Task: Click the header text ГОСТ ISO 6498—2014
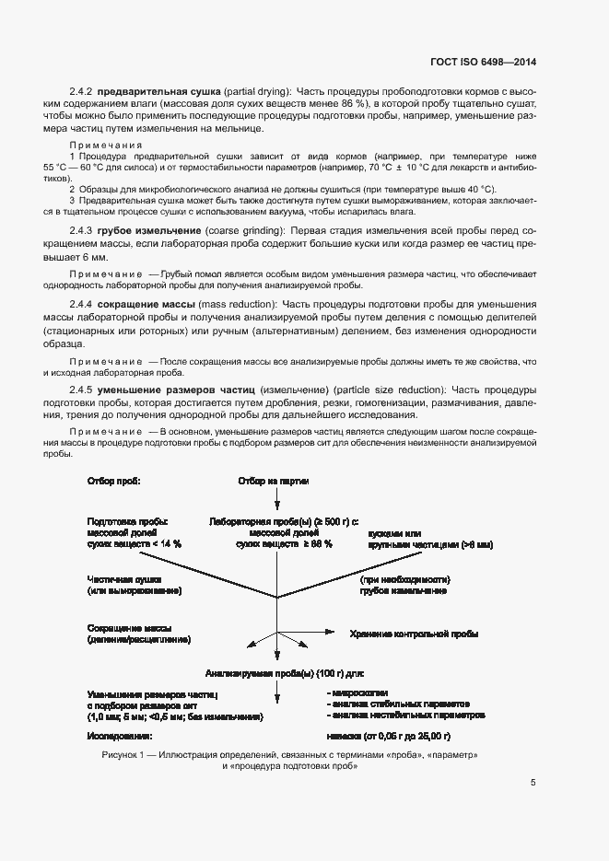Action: coord(483,63)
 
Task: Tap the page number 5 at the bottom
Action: coord(533,784)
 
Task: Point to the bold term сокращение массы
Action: coord(146,304)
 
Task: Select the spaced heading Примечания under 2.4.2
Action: coord(105,145)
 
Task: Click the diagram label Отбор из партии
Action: coord(273,482)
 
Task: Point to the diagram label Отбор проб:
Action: coord(113,482)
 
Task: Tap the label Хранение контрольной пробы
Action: coord(414,634)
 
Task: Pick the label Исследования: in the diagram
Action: coord(121,737)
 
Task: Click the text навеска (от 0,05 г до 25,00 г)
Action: coord(388,737)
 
